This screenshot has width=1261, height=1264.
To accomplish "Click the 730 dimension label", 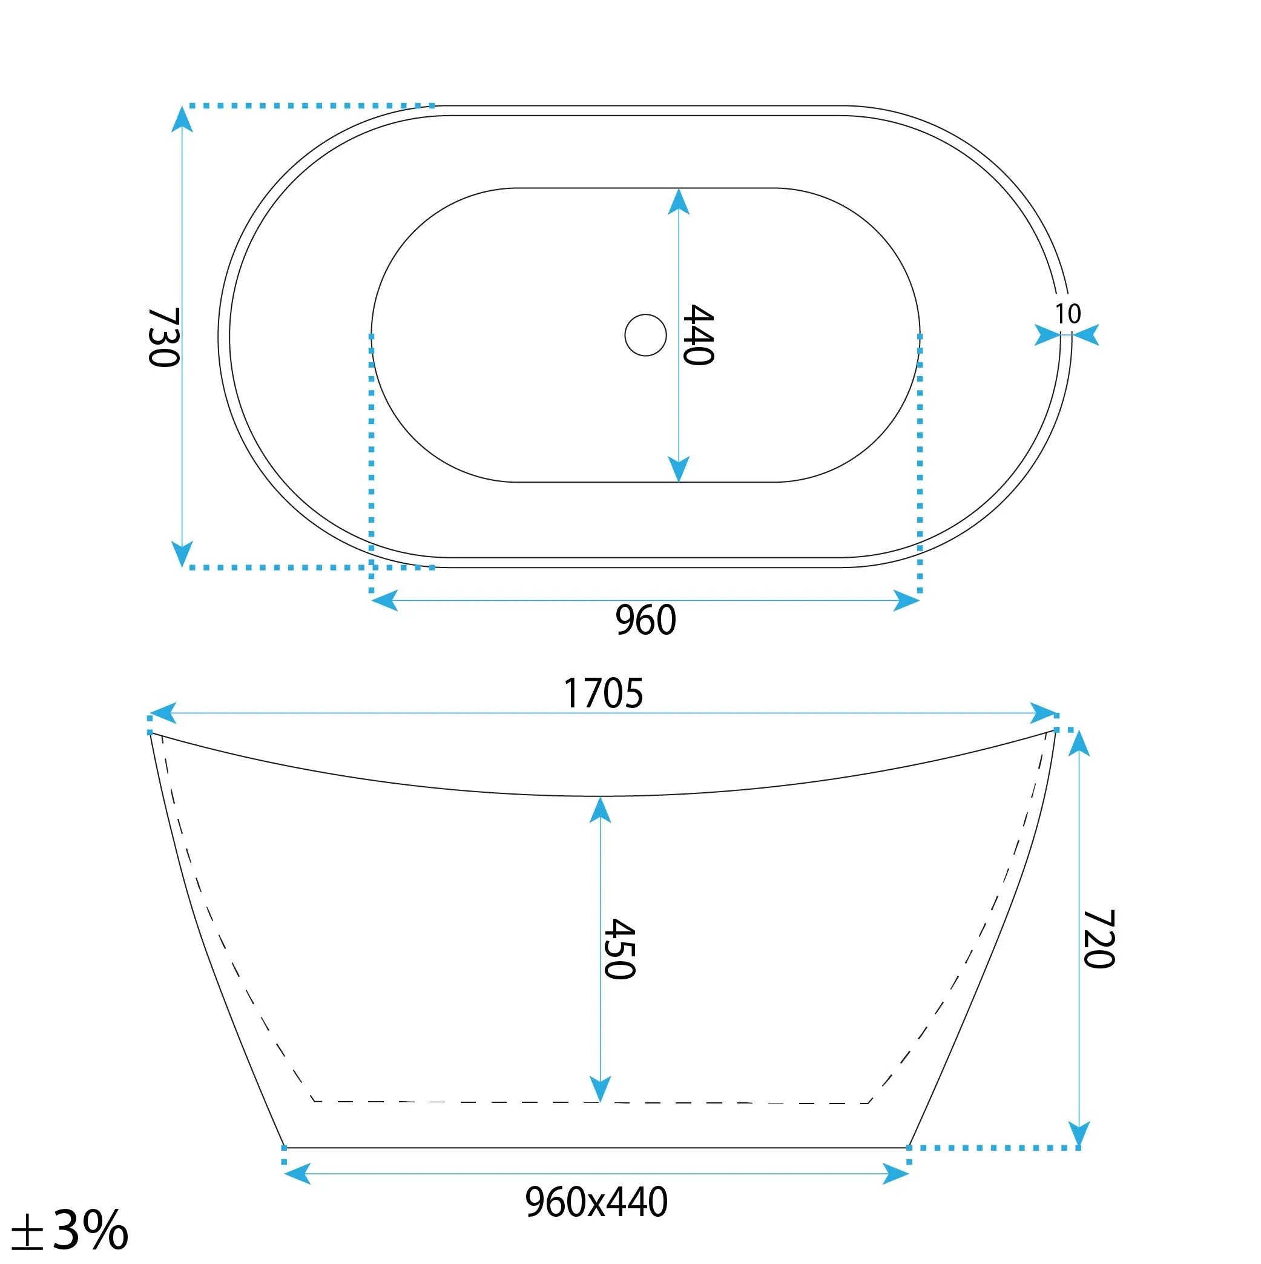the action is pos(163,337).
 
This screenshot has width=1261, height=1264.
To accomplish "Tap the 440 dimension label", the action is pos(698,334).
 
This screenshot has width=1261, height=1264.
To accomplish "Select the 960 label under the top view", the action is pos(645,620).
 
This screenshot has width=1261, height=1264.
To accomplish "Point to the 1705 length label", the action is pos(603,693).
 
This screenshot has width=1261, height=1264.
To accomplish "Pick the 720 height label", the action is pos(1099,939).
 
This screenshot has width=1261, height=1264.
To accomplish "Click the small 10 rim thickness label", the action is pos(1067,314).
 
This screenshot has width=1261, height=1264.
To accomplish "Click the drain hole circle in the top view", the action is pos(645,335).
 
